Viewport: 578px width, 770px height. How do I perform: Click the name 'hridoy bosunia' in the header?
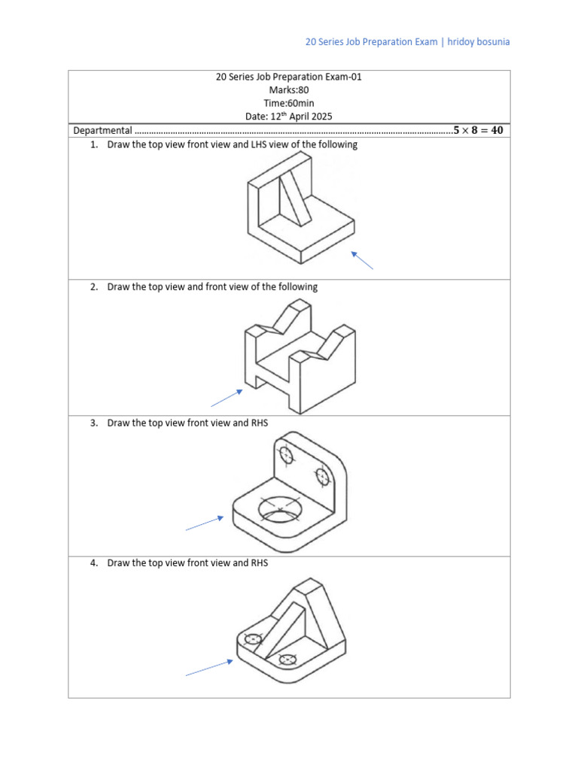[x=479, y=42]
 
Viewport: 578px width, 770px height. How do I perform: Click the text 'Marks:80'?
[x=289, y=89]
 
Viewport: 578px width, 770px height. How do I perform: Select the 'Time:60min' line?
[x=289, y=103]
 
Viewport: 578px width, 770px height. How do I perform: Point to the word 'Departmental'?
[x=102, y=131]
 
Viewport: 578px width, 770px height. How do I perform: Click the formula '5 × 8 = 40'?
[x=478, y=130]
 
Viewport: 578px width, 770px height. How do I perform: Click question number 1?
[x=94, y=144]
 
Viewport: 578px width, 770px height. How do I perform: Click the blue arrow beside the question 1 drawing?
[x=362, y=260]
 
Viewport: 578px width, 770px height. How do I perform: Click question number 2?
[x=94, y=286]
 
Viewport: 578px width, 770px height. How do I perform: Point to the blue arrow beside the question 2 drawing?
[x=226, y=398]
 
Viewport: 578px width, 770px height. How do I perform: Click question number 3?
[x=94, y=423]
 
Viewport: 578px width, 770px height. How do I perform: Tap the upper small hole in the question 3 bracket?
[x=285, y=455]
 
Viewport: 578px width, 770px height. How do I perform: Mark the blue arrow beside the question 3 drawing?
[x=204, y=523]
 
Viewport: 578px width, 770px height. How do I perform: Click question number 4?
[x=94, y=562]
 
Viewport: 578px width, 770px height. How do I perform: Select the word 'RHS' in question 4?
[x=258, y=562]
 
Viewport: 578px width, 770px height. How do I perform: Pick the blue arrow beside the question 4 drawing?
[x=208, y=668]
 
